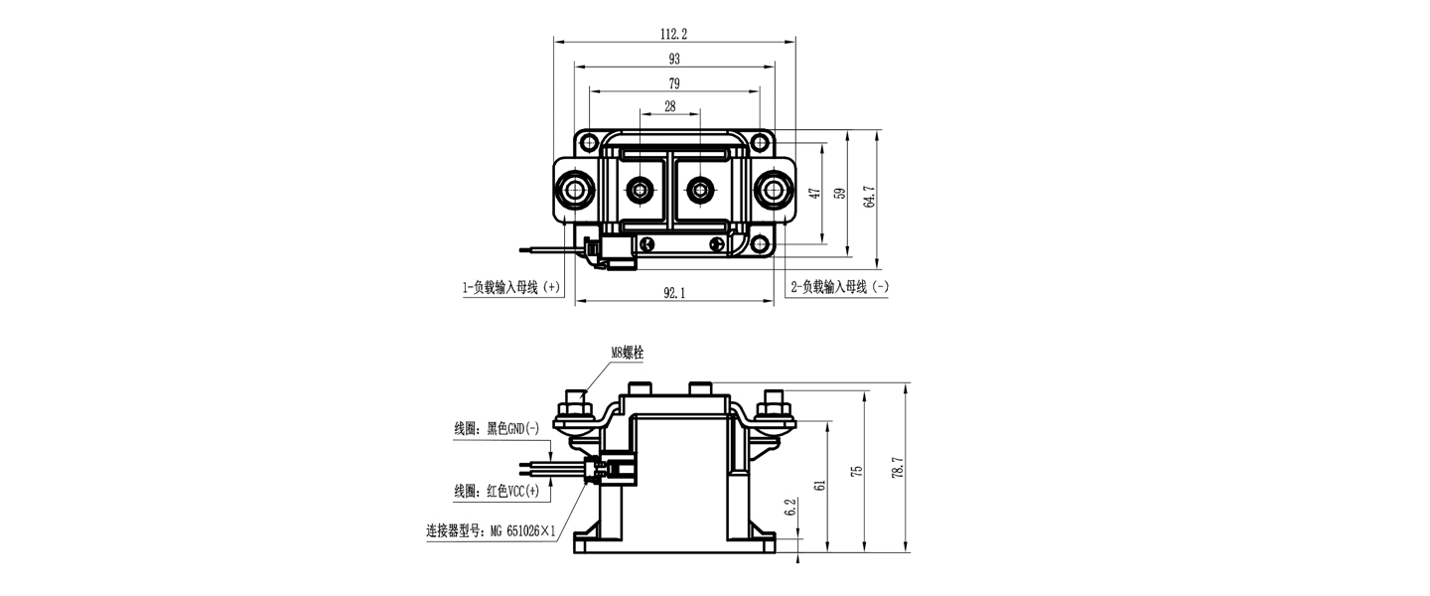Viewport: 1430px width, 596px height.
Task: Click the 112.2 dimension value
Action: click(x=673, y=34)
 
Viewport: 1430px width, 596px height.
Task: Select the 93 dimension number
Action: click(x=673, y=60)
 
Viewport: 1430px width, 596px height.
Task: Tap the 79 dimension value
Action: click(x=673, y=82)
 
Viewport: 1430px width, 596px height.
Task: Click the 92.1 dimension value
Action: click(x=674, y=293)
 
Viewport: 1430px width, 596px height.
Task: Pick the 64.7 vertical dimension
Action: click(x=869, y=197)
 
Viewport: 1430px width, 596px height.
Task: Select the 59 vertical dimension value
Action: click(x=840, y=194)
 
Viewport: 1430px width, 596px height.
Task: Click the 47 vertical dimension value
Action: click(x=815, y=194)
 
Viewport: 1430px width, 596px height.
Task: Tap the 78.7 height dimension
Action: click(x=900, y=468)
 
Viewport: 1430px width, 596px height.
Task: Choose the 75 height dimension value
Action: click(x=857, y=469)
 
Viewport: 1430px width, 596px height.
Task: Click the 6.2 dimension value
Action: click(x=790, y=510)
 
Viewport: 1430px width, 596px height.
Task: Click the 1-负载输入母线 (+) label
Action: click(x=510, y=288)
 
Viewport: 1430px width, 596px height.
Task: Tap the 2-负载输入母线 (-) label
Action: click(x=839, y=288)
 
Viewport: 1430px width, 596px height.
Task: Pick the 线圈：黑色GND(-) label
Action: click(x=497, y=429)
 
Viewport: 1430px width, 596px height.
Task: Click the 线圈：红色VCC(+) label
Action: click(x=497, y=492)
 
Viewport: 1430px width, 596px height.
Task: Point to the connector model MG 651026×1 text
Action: click(x=491, y=531)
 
